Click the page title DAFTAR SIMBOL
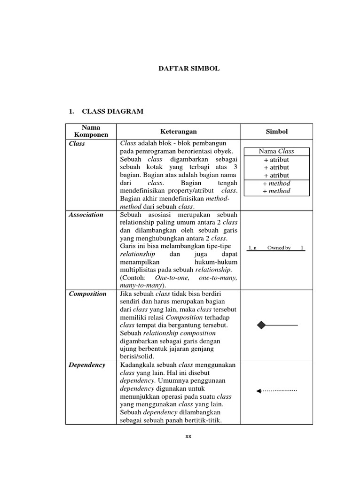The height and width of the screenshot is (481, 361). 188,69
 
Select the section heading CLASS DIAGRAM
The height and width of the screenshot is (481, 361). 113,111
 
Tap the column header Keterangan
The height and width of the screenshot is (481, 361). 178,132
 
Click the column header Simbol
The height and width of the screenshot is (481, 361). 276,132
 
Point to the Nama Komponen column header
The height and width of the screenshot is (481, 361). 91,131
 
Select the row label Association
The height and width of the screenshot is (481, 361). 86,215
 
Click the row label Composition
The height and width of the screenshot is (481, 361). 88,294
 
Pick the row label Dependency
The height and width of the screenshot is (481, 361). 87,365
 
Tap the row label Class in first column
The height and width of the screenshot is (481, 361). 77,144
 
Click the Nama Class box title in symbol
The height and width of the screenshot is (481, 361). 276,151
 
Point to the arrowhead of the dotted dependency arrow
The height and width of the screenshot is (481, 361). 259,391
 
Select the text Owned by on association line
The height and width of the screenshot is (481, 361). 279,248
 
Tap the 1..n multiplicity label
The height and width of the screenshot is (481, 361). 253,248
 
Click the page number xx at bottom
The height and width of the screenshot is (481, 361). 188,436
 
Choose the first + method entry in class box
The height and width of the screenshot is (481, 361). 276,183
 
